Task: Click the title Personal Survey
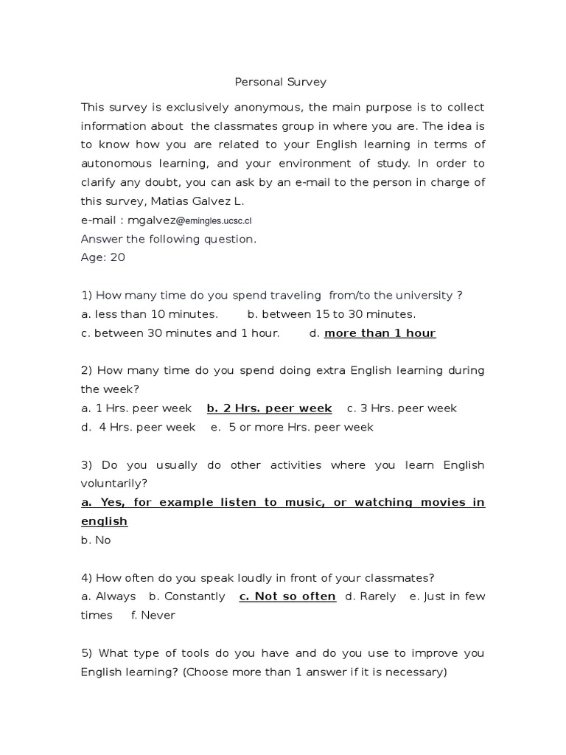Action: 280,82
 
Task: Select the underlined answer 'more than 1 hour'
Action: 380,333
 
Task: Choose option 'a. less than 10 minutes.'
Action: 150,314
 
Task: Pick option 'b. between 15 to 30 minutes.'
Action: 332,314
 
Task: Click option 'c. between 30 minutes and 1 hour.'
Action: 181,333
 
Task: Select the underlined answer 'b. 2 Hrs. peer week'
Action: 269,408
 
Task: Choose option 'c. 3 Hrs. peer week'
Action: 402,408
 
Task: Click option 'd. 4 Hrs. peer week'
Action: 139,428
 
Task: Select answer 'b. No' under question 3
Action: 96,540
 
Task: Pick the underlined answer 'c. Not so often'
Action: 287,596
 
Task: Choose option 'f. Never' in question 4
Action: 153,616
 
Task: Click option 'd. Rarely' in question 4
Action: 371,596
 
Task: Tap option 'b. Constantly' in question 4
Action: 186,596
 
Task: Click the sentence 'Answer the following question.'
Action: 169,239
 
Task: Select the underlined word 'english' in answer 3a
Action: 104,521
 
